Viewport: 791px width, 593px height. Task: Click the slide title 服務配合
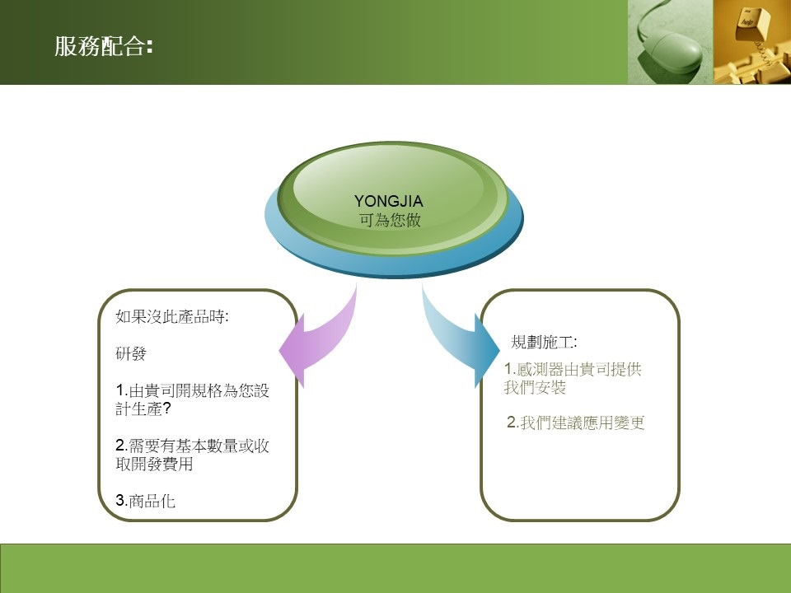tap(104, 46)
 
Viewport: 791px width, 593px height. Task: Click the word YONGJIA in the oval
tap(388, 201)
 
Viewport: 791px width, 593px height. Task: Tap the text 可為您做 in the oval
tap(390, 221)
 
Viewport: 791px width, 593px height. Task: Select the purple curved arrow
tap(318, 338)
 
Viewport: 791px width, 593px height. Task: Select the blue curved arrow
tap(460, 335)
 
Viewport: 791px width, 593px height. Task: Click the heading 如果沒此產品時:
tap(172, 316)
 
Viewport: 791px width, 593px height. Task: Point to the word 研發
tap(131, 353)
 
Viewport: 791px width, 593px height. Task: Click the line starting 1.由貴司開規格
tap(192, 390)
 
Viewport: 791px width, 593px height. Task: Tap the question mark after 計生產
tap(167, 409)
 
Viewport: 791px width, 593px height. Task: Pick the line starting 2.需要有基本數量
tap(192, 446)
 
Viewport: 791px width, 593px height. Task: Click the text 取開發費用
tap(154, 464)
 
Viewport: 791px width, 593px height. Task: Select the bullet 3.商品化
tap(145, 500)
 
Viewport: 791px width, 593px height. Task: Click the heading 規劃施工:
tap(544, 342)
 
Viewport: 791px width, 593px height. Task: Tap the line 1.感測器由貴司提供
tap(573, 369)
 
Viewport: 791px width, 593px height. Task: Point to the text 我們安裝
tap(535, 387)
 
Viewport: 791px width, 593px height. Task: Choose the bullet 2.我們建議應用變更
tap(576, 423)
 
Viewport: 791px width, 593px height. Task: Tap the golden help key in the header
tap(752, 24)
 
